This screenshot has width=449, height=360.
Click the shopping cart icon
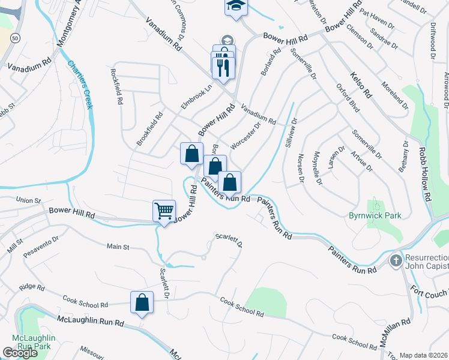[x=164, y=211]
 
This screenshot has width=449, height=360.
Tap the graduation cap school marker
[x=236, y=7]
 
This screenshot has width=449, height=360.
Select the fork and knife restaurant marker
[x=223, y=65]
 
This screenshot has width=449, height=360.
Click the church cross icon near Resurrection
[x=396, y=261]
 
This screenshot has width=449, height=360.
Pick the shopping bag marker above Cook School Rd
[x=142, y=303]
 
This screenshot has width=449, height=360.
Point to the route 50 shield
[x=14, y=37]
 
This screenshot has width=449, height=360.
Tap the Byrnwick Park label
[x=376, y=215]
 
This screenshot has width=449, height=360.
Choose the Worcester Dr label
[x=245, y=135]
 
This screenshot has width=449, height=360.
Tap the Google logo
[x=20, y=353]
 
